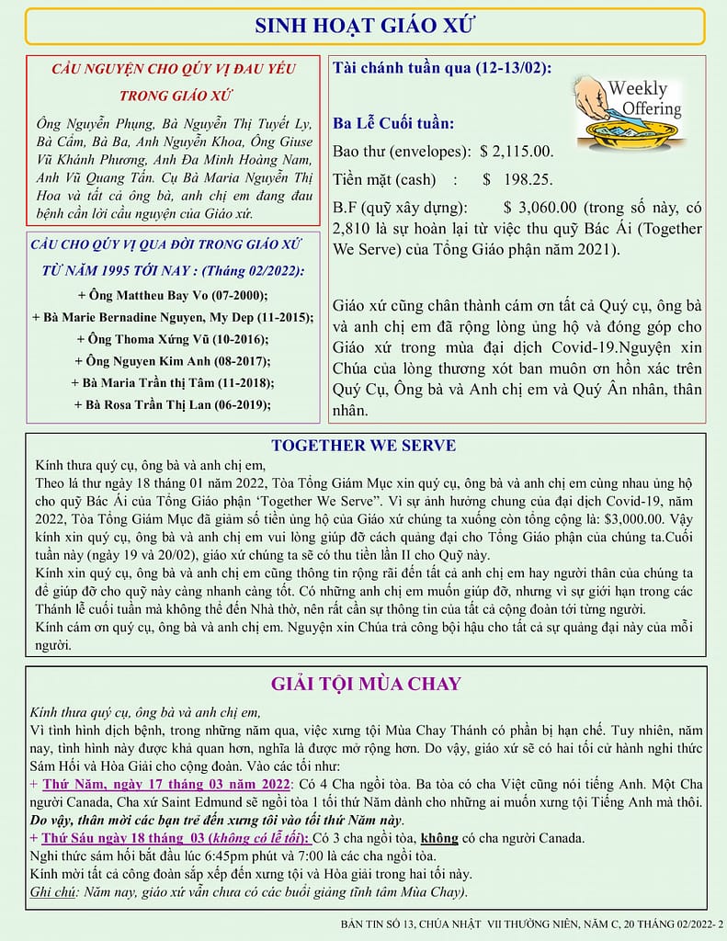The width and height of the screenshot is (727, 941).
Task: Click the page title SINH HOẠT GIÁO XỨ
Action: (364, 26)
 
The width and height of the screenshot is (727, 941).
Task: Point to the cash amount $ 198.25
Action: (517, 179)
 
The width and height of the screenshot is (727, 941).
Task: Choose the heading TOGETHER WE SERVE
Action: (363, 446)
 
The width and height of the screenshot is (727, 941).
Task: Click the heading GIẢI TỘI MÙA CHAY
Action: (366, 684)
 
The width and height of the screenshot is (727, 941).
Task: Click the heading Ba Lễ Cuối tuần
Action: (393, 123)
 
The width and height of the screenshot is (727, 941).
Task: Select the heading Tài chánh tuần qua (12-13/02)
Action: (441, 67)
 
